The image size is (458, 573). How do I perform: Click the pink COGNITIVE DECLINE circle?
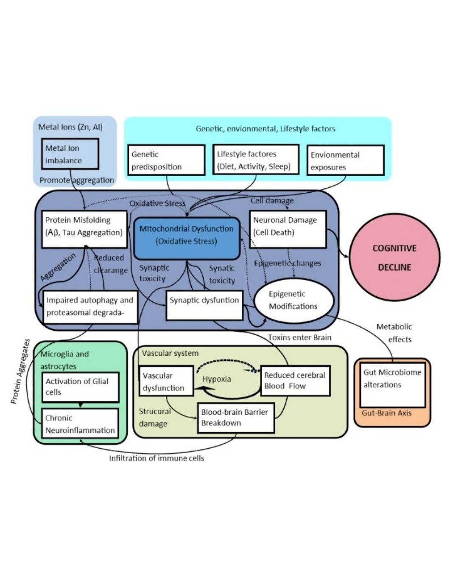tap(394, 258)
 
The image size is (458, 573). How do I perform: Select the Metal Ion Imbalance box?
tap(70, 154)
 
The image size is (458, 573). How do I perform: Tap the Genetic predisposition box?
tap(166, 160)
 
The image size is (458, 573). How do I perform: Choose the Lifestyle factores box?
tap(256, 160)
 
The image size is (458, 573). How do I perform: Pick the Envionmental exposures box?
tap(345, 160)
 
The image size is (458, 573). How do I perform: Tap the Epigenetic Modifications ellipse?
tap(293, 300)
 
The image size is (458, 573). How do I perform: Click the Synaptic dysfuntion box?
tap(204, 305)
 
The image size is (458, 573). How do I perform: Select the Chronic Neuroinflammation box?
tap(80, 424)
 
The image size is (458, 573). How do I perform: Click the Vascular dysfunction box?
tap(166, 381)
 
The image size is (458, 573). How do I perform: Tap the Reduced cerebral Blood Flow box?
tap(295, 380)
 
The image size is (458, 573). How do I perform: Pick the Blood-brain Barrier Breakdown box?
tap(236, 418)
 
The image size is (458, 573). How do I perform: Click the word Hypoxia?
tap(217, 379)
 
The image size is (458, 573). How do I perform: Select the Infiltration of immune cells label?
tap(156, 458)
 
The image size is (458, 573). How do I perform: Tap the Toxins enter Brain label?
tap(299, 337)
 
